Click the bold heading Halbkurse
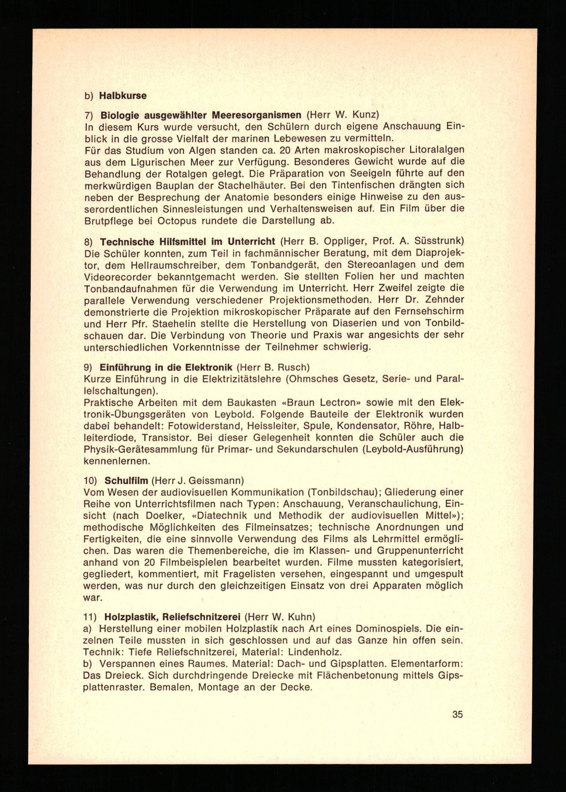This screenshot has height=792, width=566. pyautogui.click(x=123, y=96)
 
